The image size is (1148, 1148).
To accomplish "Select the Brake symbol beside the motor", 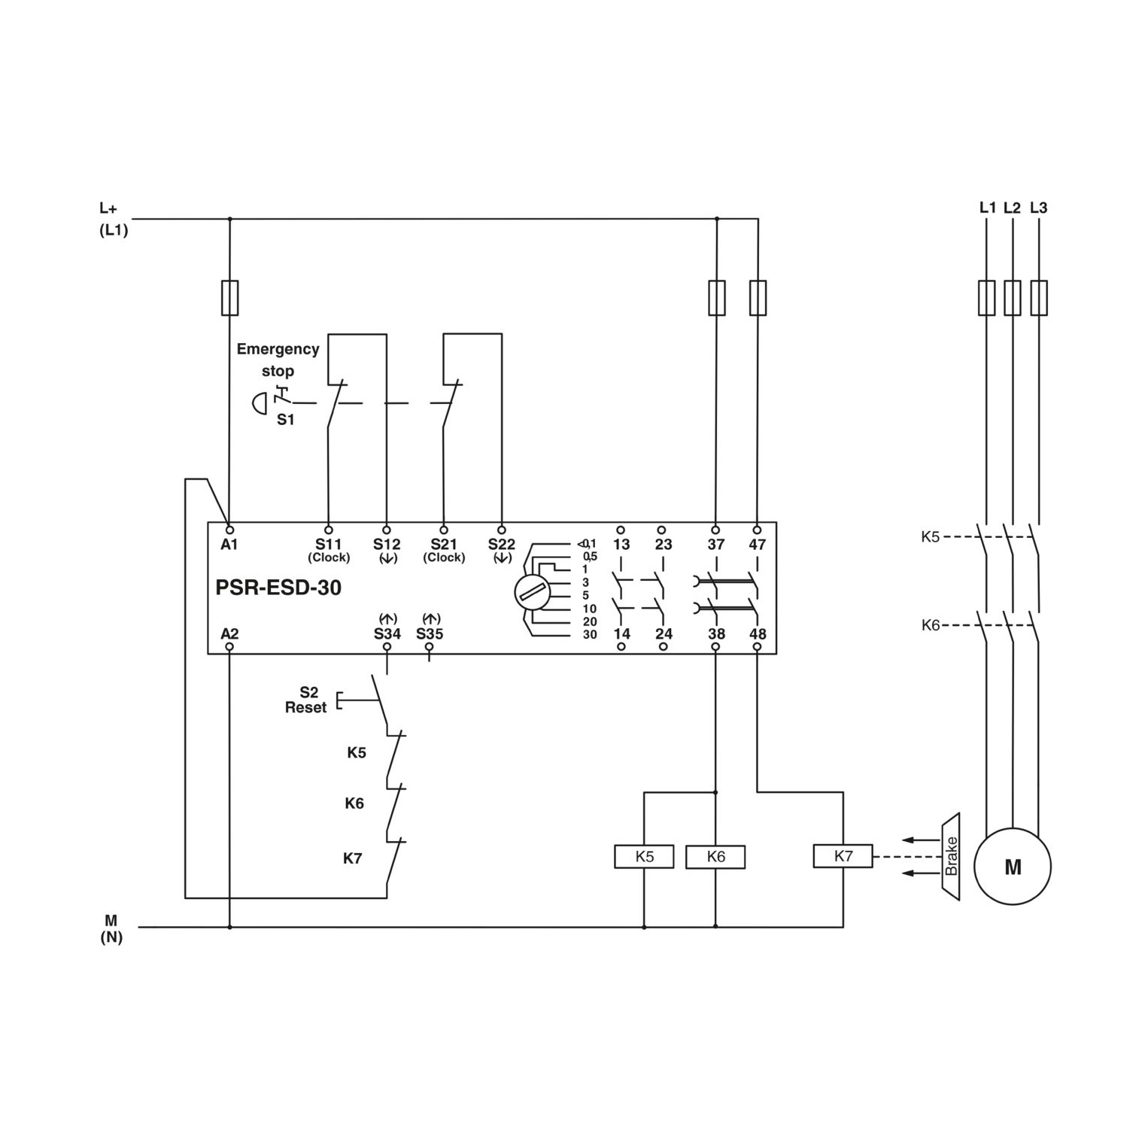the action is click(x=950, y=856).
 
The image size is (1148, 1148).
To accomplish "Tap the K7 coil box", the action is click(x=843, y=856).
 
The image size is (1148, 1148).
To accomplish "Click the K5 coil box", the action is click(x=644, y=857).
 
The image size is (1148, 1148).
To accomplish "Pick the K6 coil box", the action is click(x=715, y=857).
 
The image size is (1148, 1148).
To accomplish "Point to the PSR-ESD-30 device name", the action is click(x=278, y=588).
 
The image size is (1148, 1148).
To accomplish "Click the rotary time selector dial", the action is click(x=533, y=593).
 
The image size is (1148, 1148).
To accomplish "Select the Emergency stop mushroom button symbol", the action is click(x=260, y=404).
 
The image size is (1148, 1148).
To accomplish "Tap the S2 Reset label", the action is click(x=306, y=700).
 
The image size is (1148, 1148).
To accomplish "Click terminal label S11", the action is click(x=328, y=544).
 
